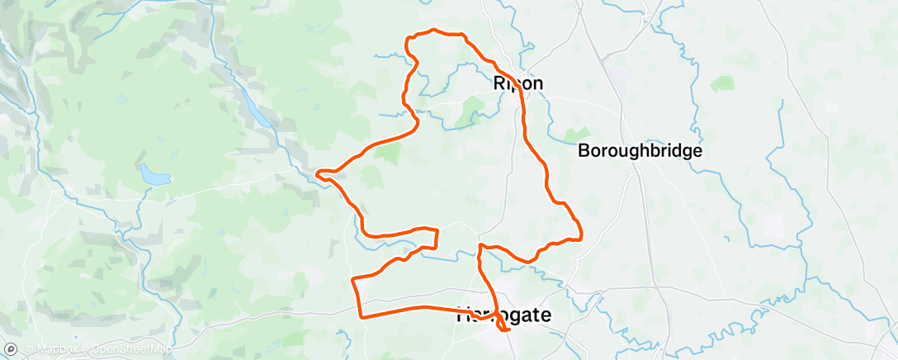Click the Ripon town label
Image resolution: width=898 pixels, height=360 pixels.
(x=518, y=83)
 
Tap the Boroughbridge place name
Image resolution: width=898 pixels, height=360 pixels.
(x=640, y=151)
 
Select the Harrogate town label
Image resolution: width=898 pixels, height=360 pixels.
(x=503, y=315)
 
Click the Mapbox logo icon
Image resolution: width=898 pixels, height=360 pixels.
(x=11, y=349)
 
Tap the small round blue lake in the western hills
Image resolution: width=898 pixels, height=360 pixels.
(x=153, y=174)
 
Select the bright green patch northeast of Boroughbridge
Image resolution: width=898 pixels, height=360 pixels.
(x=722, y=83)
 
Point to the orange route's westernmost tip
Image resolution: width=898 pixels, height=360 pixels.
(x=319, y=173)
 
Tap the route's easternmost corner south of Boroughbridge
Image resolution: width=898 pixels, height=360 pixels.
(x=581, y=236)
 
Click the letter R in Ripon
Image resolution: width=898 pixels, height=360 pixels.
(x=499, y=83)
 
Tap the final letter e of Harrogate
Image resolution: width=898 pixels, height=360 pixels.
(x=545, y=315)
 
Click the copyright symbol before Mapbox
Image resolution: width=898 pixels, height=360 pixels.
(x=28, y=349)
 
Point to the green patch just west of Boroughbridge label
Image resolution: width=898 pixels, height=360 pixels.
(x=576, y=133)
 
